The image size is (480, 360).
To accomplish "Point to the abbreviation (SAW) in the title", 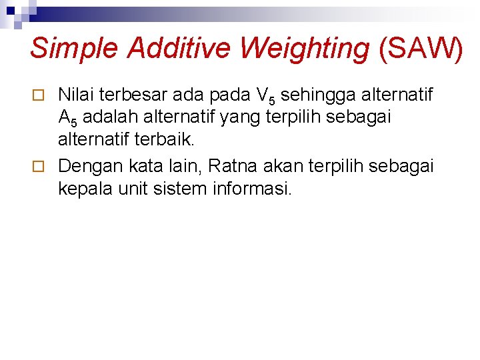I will (x=420, y=49).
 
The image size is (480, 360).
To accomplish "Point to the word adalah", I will (x=108, y=118).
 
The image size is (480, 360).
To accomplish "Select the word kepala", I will (x=81, y=188).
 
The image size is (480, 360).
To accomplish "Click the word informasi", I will (x=252, y=188).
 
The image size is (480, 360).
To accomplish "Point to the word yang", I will (x=233, y=119).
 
